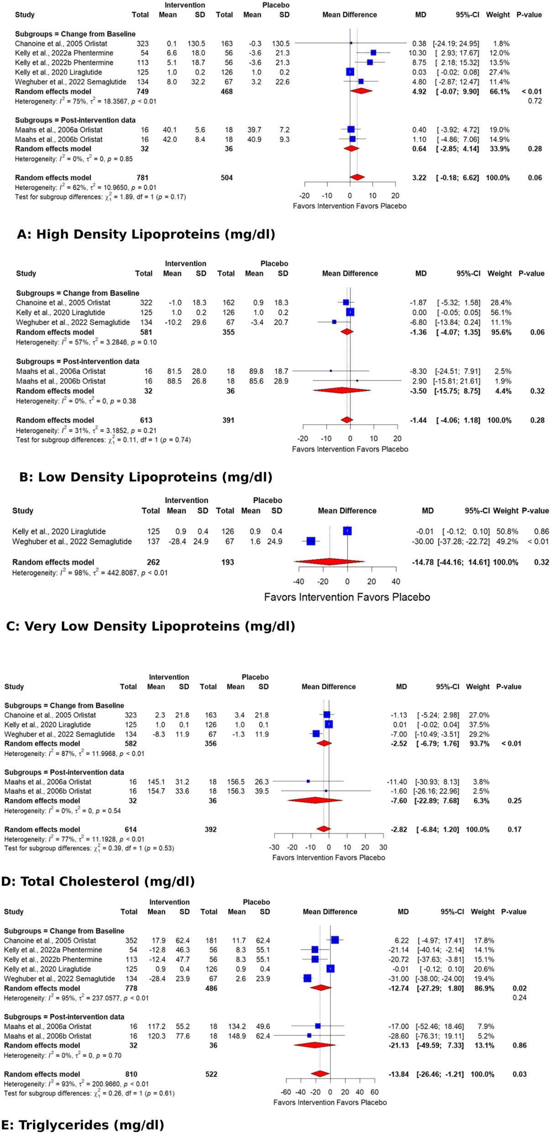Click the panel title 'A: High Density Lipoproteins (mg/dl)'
click(146, 234)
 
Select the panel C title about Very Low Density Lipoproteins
click(151, 626)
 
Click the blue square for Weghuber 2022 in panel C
click(311, 541)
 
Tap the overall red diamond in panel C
click(329, 562)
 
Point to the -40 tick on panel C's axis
click(299, 582)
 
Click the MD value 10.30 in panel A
click(418, 53)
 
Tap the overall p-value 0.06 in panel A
click(535, 177)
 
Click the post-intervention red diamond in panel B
click(341, 390)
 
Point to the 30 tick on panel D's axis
click(383, 848)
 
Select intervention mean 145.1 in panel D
click(156, 781)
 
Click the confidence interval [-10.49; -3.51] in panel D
click(437, 734)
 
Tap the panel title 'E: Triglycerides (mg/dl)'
click(83, 1125)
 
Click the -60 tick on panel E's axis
click(286, 1092)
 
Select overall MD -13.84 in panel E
click(398, 1074)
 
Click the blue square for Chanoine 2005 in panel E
click(335, 940)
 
